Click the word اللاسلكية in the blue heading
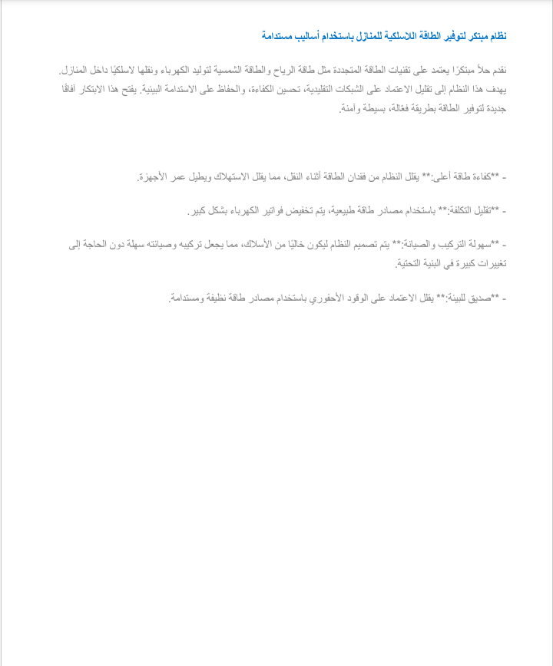click(399, 36)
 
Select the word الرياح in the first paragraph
click(273, 71)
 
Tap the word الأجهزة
click(153, 177)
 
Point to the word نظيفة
click(220, 297)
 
